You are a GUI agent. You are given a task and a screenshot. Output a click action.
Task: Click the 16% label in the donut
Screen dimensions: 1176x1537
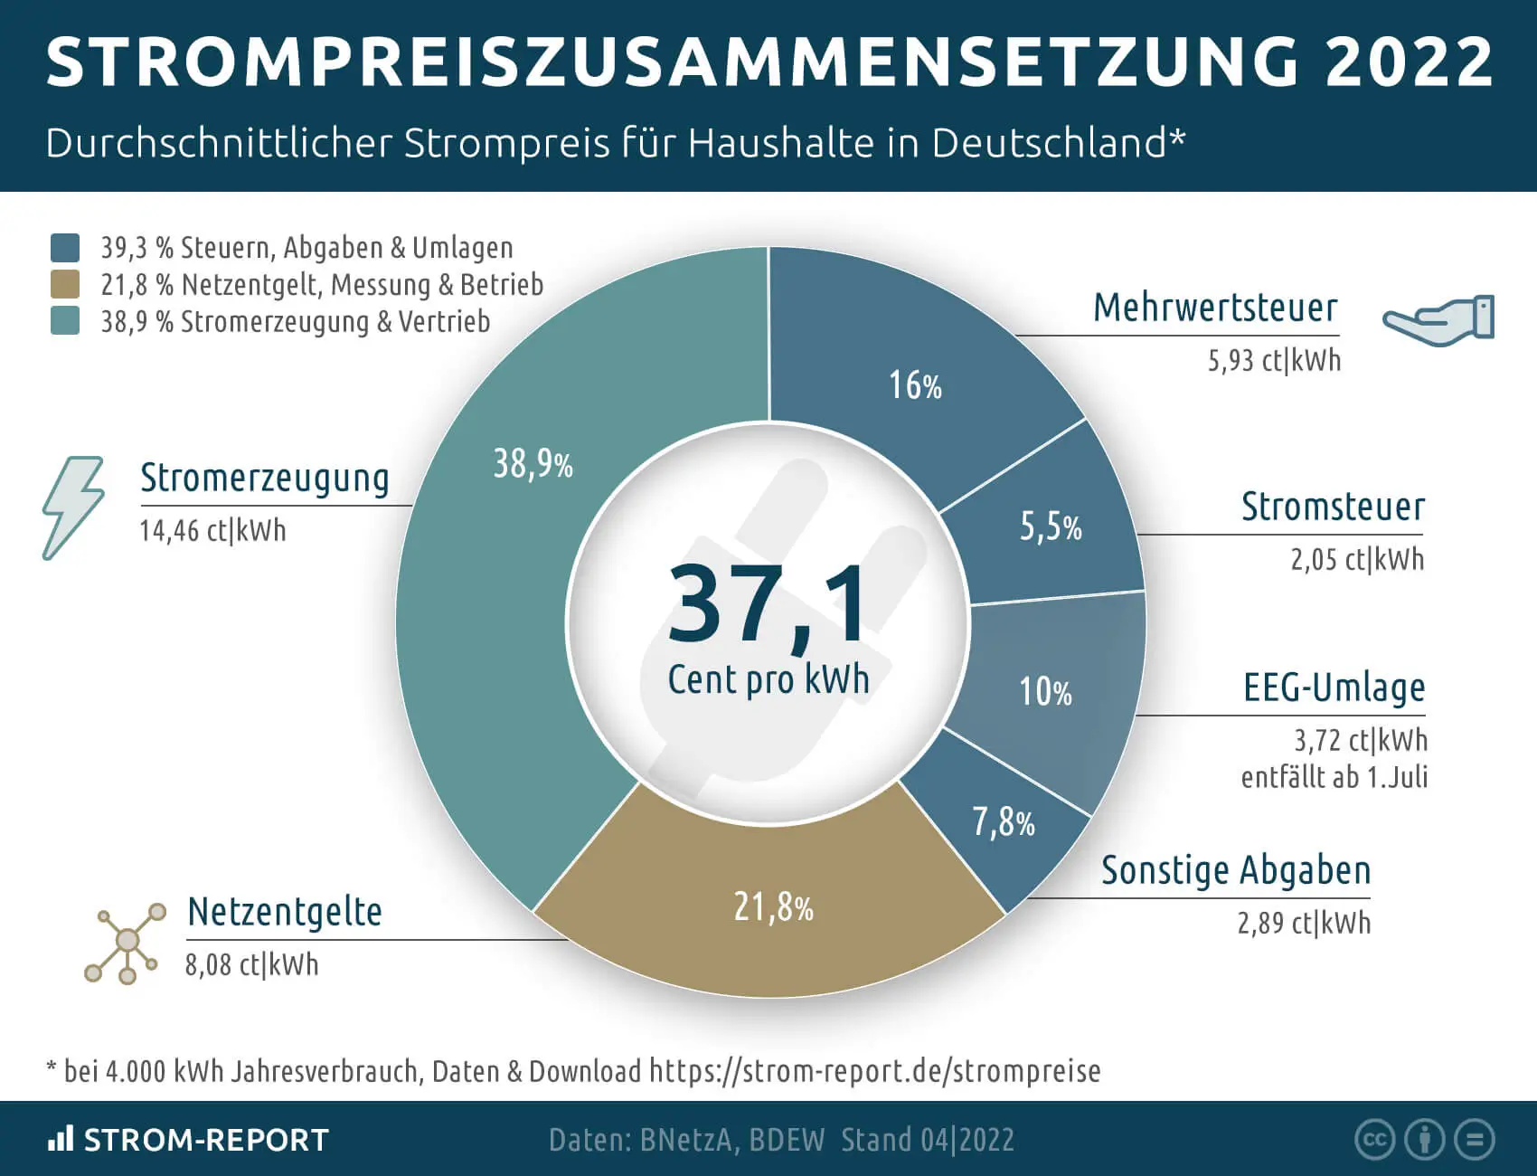click(915, 386)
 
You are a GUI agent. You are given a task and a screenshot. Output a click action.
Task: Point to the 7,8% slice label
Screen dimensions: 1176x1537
click(1004, 822)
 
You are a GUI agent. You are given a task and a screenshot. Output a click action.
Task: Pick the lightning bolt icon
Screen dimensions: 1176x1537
click(73, 507)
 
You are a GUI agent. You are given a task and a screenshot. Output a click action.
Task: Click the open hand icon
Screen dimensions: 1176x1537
click(1438, 319)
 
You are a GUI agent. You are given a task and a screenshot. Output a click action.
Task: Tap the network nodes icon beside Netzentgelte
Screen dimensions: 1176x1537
click(126, 943)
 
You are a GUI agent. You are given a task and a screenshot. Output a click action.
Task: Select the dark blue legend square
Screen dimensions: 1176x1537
click(65, 247)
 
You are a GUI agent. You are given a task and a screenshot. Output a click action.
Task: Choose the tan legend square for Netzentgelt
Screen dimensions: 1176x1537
click(65, 284)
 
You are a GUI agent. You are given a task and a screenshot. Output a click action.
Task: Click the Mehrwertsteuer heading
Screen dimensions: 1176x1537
click(1215, 308)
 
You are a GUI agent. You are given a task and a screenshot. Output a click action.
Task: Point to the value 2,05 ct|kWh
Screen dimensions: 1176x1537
click(1356, 560)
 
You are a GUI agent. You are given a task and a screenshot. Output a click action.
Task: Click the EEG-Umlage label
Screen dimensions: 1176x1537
click(1334, 688)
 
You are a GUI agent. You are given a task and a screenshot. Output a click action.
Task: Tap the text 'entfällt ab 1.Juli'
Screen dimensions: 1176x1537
click(1334, 777)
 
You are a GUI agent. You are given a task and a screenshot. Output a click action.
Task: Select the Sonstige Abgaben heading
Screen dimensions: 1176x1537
click(1235, 870)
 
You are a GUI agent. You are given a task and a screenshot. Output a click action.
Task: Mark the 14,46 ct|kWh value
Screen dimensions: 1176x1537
click(212, 530)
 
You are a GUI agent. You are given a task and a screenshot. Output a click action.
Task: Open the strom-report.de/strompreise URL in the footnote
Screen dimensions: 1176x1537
click(874, 1071)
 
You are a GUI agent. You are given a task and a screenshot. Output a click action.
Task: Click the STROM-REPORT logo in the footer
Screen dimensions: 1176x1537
click(188, 1140)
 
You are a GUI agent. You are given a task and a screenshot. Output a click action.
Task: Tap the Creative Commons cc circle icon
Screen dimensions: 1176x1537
click(1374, 1140)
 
